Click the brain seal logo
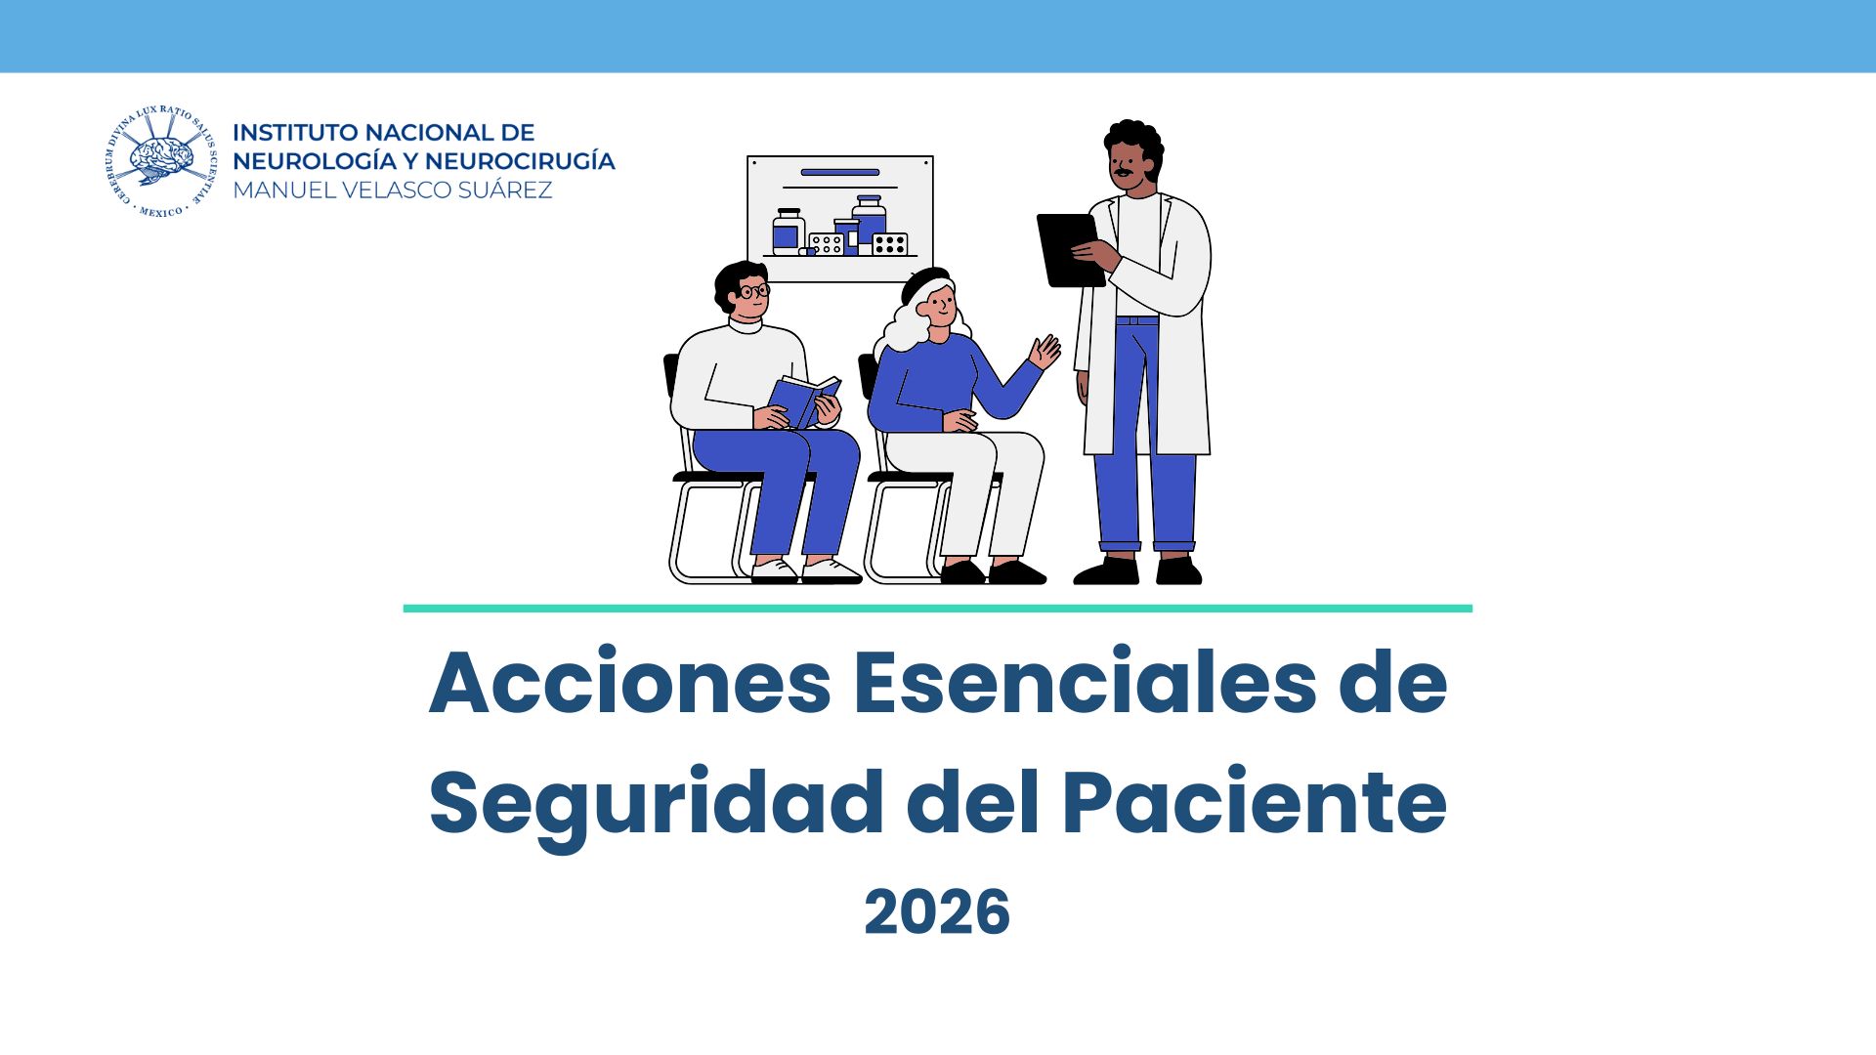(159, 162)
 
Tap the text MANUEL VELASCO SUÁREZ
(393, 190)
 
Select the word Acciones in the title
(630, 682)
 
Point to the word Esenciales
(1086, 682)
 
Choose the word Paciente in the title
(1255, 802)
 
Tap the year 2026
(937, 912)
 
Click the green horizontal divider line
(937, 609)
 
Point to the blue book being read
(804, 401)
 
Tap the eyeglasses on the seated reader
(753, 290)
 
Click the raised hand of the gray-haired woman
(1045, 352)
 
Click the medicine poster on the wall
(840, 219)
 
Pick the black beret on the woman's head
(924, 283)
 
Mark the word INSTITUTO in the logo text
(295, 133)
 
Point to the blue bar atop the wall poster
(840, 173)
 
